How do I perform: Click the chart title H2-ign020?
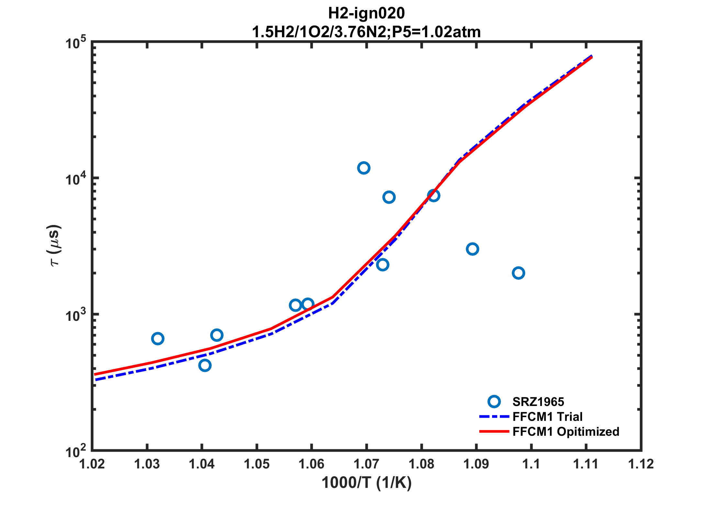click(x=366, y=13)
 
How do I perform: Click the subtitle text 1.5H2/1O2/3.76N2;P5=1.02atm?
click(x=366, y=32)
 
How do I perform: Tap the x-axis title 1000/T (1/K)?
click(x=366, y=483)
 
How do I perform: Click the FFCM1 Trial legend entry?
click(x=547, y=417)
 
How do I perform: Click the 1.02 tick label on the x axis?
click(x=92, y=464)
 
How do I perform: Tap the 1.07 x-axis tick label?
click(x=366, y=464)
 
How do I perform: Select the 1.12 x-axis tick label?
click(x=641, y=464)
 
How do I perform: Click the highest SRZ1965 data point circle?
click(x=364, y=168)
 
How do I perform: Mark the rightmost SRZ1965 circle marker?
click(x=518, y=273)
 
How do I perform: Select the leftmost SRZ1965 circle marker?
click(x=157, y=339)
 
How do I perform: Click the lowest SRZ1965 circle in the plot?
click(x=205, y=365)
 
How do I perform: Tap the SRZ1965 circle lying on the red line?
click(x=433, y=196)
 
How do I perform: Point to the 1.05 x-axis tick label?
click(x=257, y=464)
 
